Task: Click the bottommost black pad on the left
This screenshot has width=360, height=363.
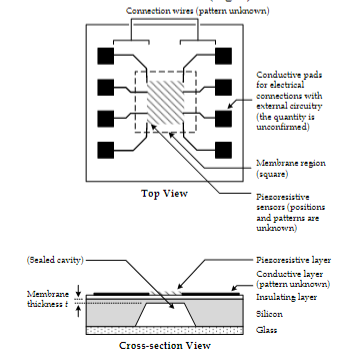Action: tap(105, 151)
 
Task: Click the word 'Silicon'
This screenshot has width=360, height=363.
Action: tap(271, 311)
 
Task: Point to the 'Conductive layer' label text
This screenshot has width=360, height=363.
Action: tap(289, 274)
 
